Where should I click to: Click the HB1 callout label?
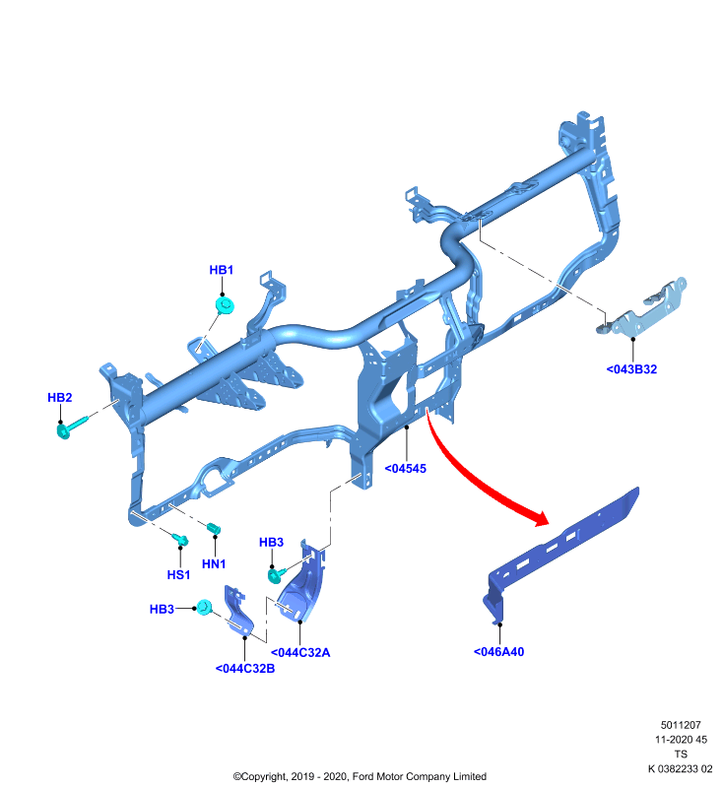coord(221,270)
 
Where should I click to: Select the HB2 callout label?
coord(60,398)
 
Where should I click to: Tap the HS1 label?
coord(178,574)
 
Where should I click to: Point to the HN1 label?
coord(214,563)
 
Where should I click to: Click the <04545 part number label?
coord(405,469)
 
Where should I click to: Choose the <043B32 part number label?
coord(631,369)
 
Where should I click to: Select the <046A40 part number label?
coord(499,652)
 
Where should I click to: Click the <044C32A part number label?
coord(300,653)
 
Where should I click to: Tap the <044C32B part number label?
coord(244,669)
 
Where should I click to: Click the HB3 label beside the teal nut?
coord(162,609)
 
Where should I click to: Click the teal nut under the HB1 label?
coord(226,305)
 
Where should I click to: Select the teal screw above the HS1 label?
coord(180,539)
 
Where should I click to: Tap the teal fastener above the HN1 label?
coord(214,528)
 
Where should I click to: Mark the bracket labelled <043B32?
coord(643,308)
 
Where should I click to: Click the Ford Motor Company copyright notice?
coord(360,776)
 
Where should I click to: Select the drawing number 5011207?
coord(681,725)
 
